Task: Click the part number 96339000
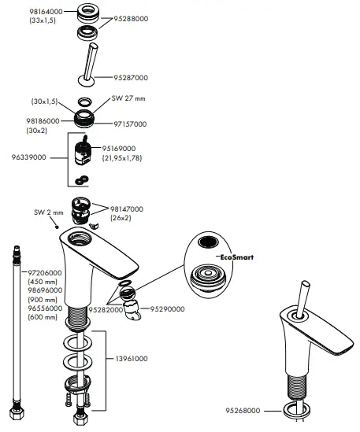pos(25,158)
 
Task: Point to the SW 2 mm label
pos(48,212)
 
